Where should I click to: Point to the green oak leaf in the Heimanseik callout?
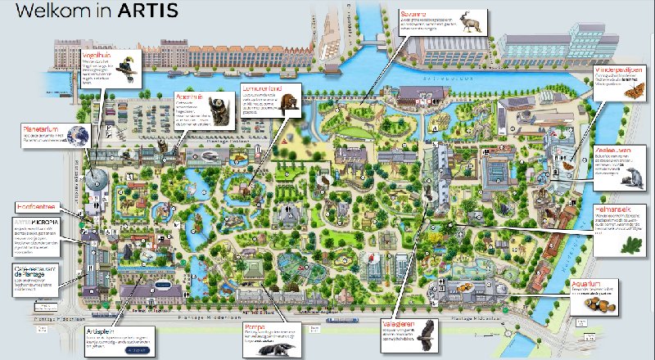[630, 243]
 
